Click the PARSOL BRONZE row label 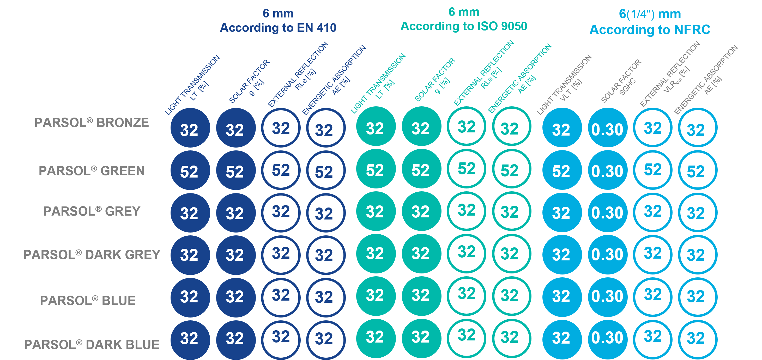92,123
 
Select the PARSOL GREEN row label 92,171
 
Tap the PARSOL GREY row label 92,211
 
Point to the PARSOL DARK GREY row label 92,255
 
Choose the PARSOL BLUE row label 88,301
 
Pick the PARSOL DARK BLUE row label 92,345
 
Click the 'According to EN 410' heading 278,28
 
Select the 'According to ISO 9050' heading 464,26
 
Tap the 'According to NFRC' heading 650,29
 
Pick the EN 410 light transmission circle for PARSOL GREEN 190,171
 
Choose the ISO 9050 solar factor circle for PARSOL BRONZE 421,127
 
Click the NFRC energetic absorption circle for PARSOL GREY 697,212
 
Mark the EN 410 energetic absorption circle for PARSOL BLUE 325,297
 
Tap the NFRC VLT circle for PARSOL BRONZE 562,128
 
